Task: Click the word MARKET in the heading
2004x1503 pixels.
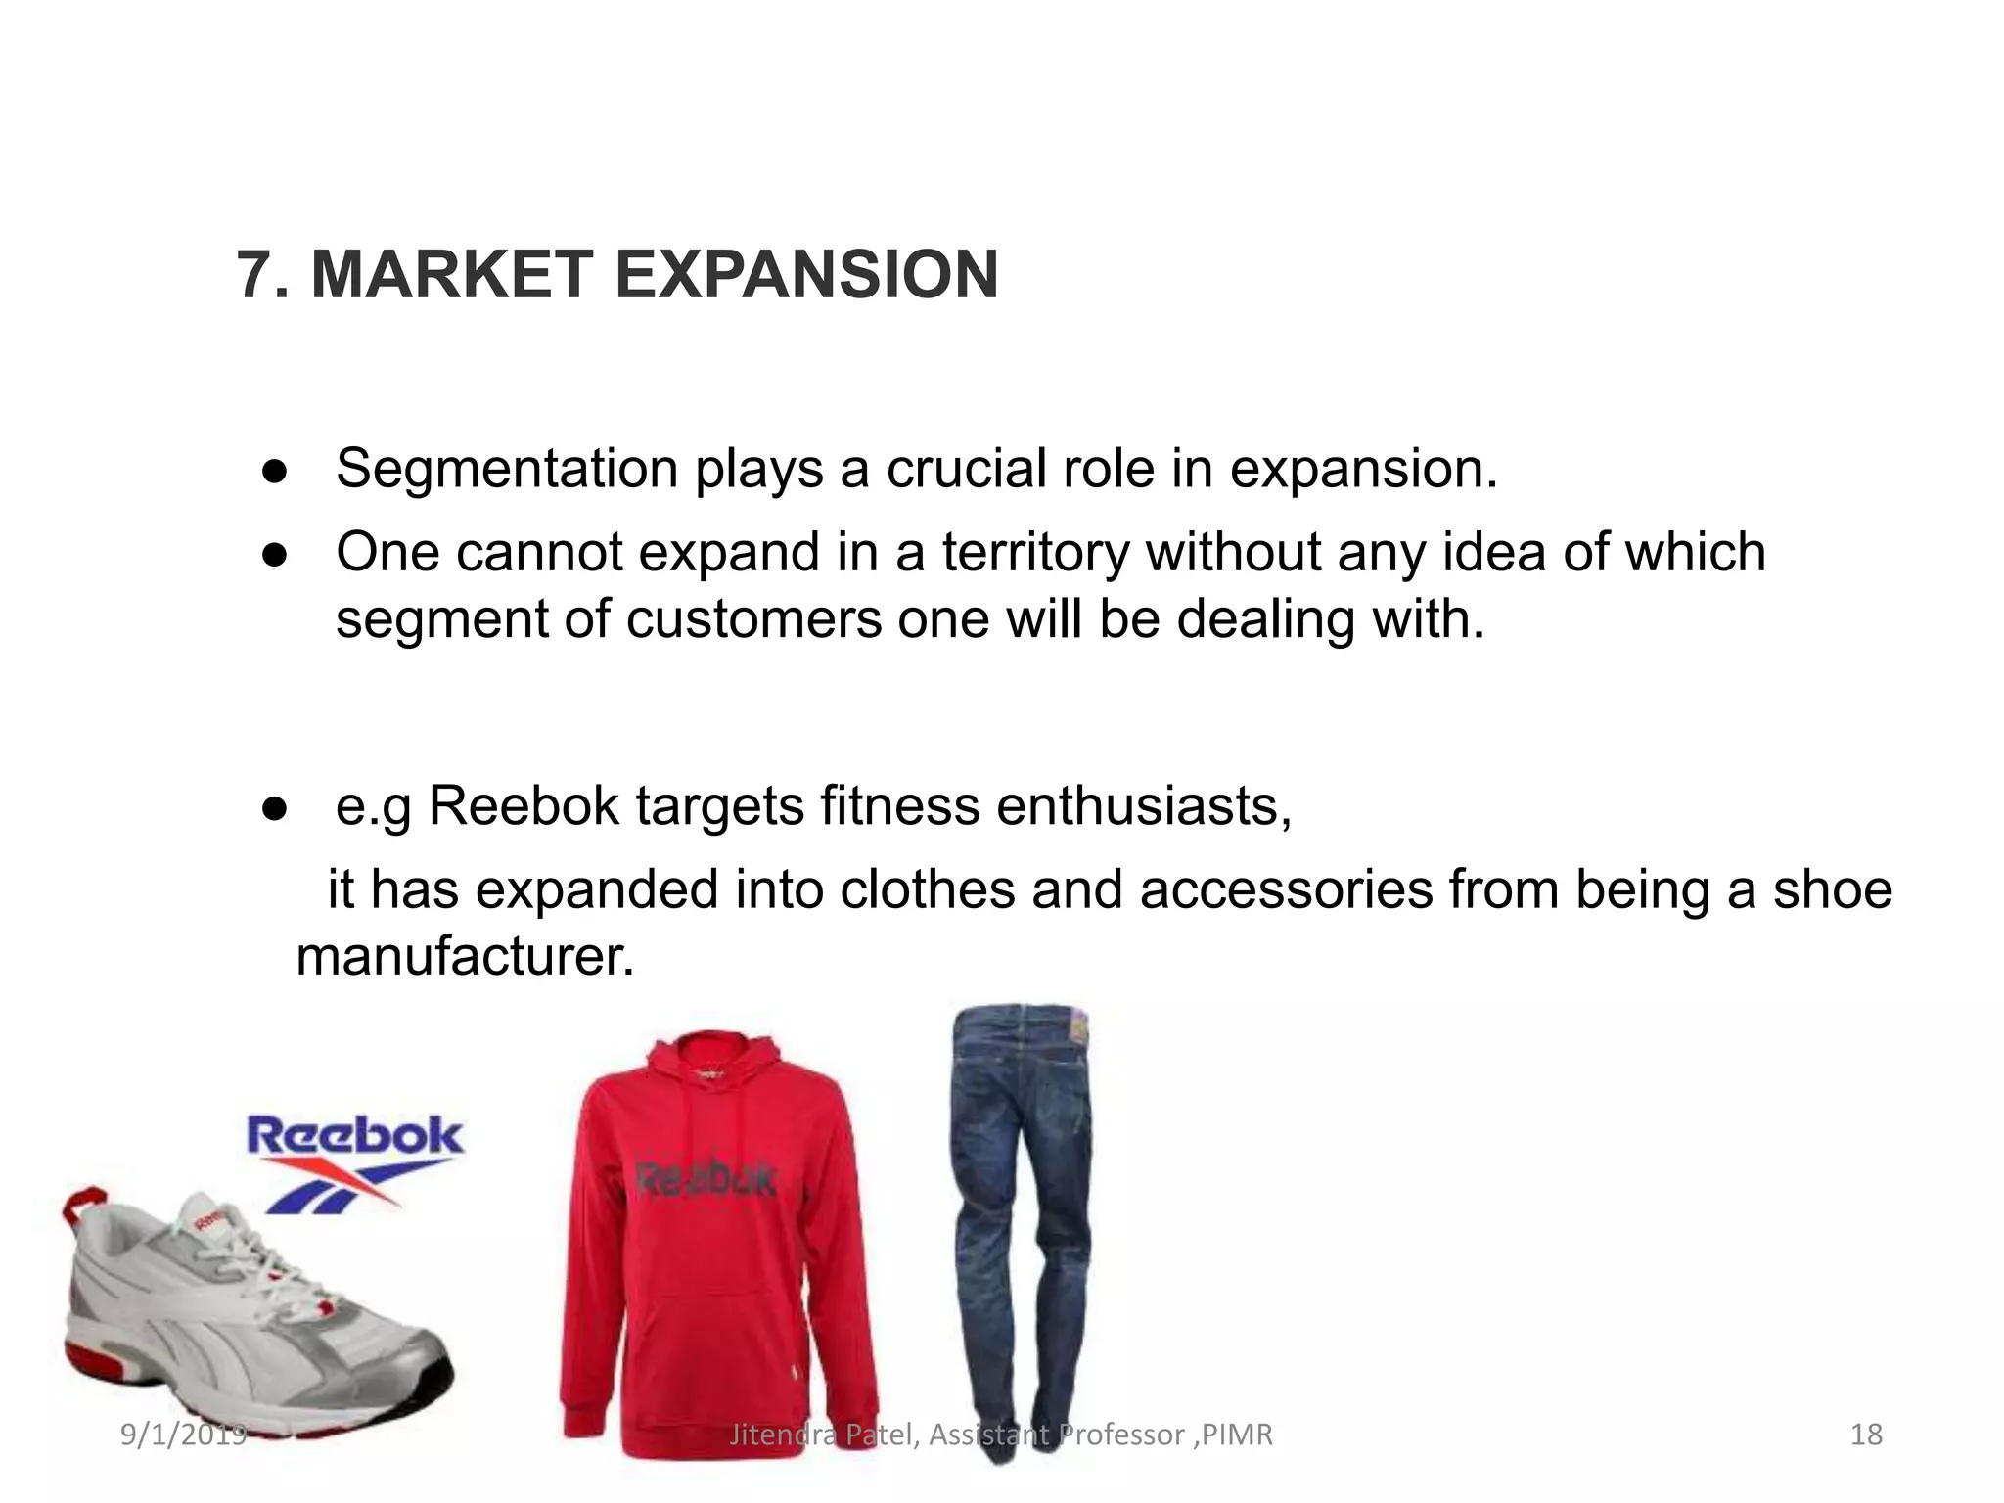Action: click(x=452, y=275)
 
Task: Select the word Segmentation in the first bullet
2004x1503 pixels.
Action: click(x=506, y=469)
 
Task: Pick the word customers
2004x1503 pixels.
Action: click(x=753, y=619)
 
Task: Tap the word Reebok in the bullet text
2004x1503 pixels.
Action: click(x=524, y=806)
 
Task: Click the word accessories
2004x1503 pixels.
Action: click(x=1286, y=889)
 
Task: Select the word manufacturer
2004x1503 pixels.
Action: click(x=465, y=956)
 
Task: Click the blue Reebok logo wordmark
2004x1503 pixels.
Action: click(x=354, y=1137)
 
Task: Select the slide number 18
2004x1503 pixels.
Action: click(x=1866, y=1435)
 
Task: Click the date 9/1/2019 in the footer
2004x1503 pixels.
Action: click(x=183, y=1435)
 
